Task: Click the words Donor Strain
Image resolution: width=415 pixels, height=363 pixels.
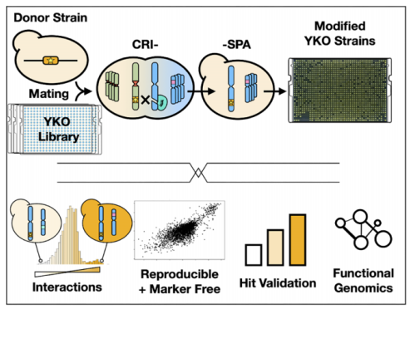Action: pos(51,17)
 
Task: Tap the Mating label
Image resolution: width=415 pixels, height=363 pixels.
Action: pos(49,94)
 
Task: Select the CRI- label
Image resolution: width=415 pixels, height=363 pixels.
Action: pos(146,44)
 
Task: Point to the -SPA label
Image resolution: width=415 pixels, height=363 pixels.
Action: pos(237,45)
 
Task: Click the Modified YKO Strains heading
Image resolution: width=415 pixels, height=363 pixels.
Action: pos(340,33)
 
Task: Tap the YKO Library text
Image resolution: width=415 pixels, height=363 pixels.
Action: pos(58,129)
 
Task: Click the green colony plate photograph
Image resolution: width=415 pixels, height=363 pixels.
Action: pos(340,91)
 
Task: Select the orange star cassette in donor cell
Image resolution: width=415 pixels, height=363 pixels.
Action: pos(51,61)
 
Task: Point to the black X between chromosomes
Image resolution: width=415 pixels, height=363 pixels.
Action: pos(146,100)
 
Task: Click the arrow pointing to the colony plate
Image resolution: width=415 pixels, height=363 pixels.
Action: pos(274,91)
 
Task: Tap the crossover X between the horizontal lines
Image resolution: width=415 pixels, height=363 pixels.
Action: pos(198,173)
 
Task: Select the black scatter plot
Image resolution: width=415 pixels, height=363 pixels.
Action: pos(180,230)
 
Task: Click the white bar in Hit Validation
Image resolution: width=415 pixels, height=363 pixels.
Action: pos(254,255)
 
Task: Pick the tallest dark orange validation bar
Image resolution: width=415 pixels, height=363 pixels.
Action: pos(298,240)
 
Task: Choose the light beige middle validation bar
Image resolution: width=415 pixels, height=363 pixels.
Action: pos(275,248)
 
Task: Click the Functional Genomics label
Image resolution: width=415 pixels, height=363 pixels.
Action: pos(363,281)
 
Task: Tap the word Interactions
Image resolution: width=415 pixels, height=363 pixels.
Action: pos(67,287)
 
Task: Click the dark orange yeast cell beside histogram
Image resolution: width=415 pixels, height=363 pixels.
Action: pos(106,221)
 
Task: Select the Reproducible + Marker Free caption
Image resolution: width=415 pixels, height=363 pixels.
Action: pos(180,282)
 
